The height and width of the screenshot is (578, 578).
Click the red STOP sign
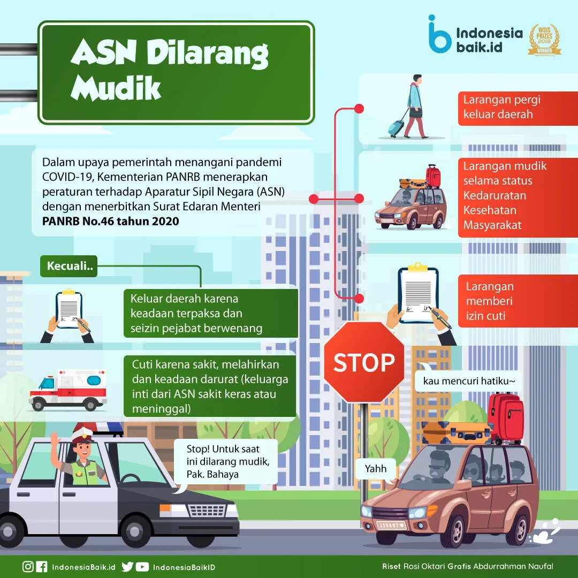click(364, 362)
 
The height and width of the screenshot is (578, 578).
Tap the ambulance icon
click(68, 389)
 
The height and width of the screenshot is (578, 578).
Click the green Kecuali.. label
click(69, 266)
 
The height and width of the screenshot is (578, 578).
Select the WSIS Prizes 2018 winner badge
click(544, 40)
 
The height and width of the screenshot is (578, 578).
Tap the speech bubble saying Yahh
click(375, 469)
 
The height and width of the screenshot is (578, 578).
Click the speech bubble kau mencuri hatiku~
click(468, 382)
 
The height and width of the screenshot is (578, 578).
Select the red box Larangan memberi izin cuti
click(517, 301)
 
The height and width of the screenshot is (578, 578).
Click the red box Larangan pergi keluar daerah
click(517, 107)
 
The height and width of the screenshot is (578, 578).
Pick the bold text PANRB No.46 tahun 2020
click(111, 221)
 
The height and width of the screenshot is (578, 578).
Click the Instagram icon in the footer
click(28, 567)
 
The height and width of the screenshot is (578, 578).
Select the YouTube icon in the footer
click(142, 567)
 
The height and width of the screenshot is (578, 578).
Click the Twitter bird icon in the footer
click(127, 567)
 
